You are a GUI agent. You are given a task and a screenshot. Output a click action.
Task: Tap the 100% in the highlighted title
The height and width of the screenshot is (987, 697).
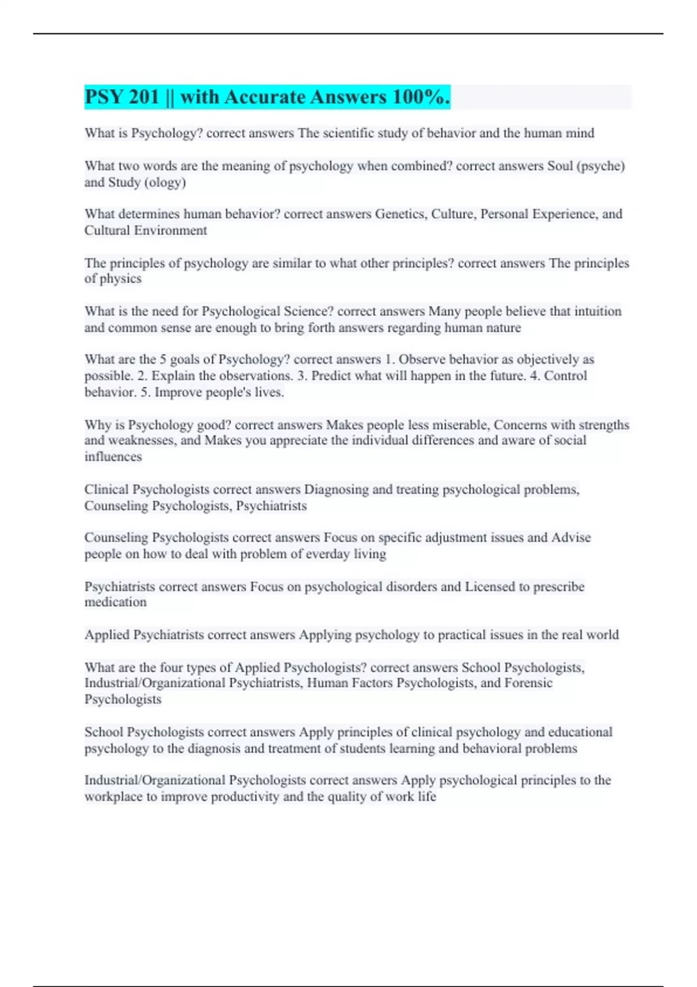tap(421, 97)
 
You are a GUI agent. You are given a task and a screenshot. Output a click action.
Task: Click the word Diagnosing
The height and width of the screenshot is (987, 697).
tap(336, 489)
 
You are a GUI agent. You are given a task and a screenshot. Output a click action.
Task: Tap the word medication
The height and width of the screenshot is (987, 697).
tap(115, 602)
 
